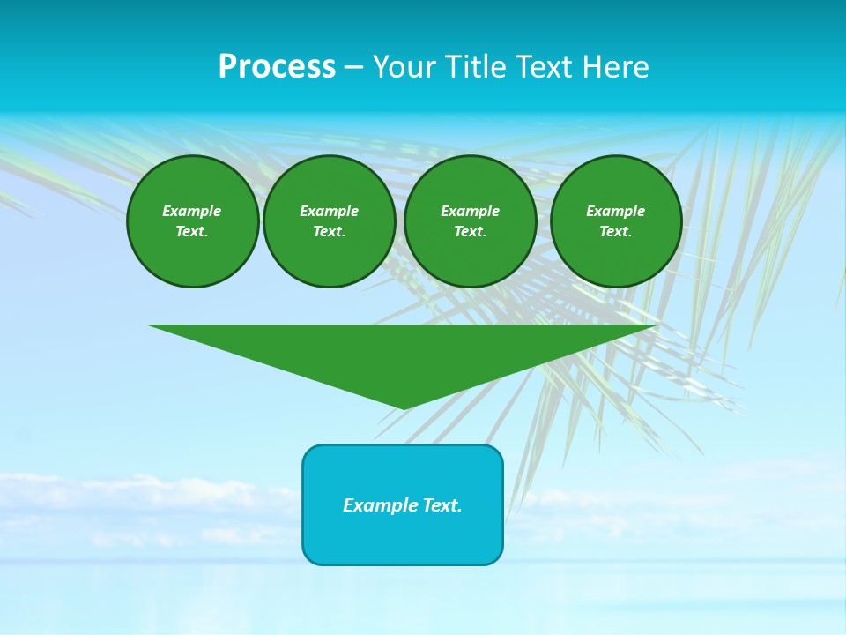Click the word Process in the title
pyautogui.click(x=277, y=67)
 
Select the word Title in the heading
pyautogui.click(x=479, y=67)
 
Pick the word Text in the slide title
pyautogui.click(x=549, y=67)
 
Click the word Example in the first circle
pyautogui.click(x=192, y=211)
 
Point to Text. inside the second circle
pyautogui.click(x=329, y=231)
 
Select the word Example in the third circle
pyautogui.click(x=470, y=211)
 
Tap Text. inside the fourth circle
pyautogui.click(x=616, y=231)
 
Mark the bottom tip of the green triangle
pyautogui.click(x=404, y=407)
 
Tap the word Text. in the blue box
pyautogui.click(x=442, y=505)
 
